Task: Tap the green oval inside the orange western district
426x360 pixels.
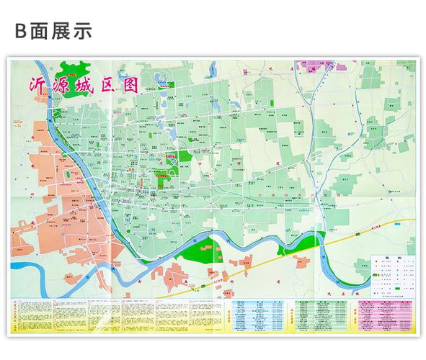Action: point(68,175)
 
